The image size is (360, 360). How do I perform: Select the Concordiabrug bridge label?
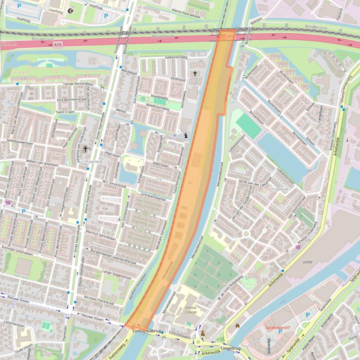147,331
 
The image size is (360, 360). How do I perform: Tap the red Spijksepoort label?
277,328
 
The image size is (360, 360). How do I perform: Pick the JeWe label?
308,262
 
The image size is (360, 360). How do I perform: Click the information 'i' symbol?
186,136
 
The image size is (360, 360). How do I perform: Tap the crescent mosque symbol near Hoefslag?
71,11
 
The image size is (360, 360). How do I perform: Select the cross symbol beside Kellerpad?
196,73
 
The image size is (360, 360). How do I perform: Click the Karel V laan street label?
66,113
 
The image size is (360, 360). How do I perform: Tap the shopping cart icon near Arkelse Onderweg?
299,247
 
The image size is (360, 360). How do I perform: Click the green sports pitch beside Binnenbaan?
248,125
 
